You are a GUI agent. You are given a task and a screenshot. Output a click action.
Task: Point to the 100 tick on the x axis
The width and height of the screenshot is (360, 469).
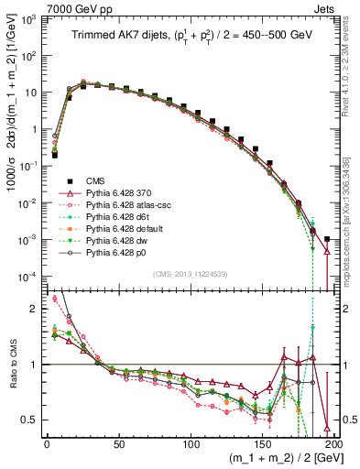click(x=191, y=443)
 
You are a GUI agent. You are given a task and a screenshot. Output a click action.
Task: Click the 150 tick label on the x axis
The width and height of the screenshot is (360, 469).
click(x=264, y=443)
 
